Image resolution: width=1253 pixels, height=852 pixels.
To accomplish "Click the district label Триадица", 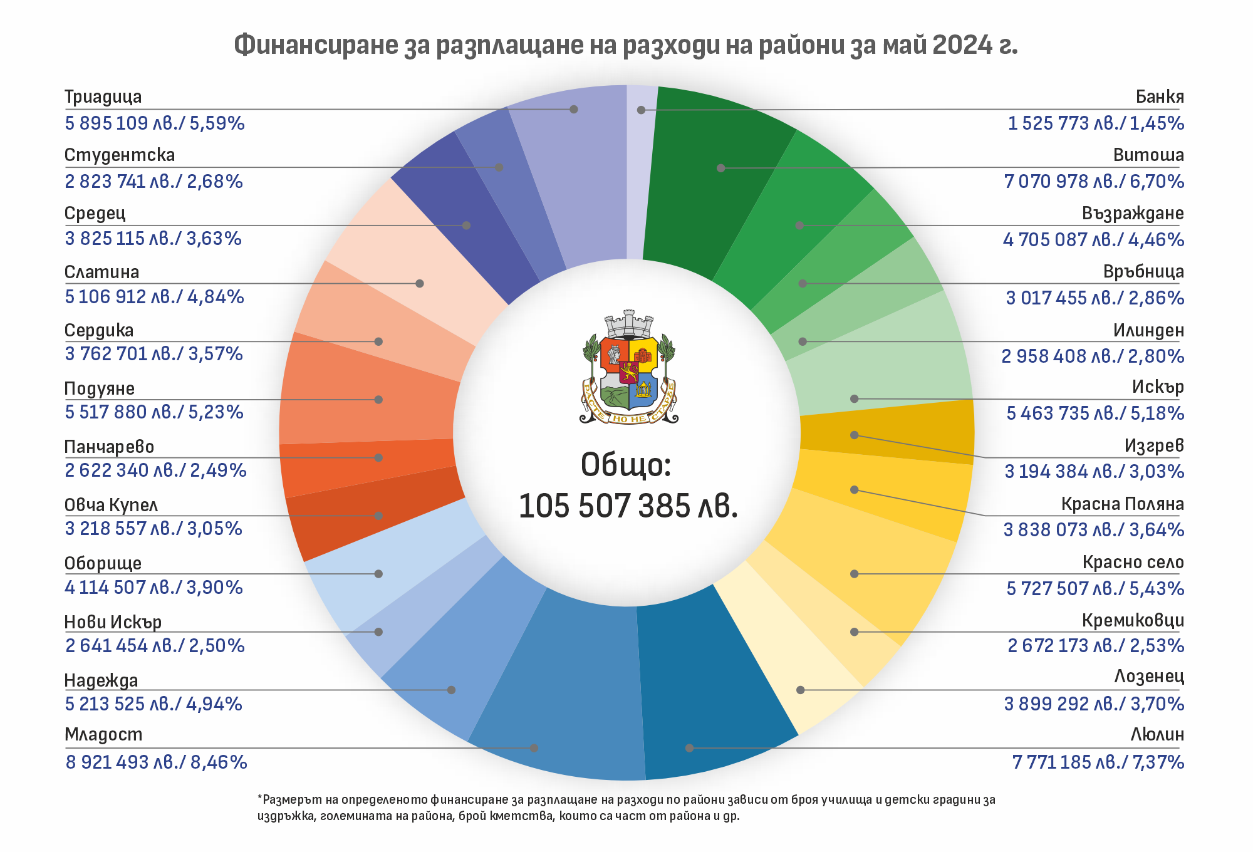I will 103,97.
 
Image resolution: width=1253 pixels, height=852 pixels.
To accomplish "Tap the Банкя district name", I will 1160,97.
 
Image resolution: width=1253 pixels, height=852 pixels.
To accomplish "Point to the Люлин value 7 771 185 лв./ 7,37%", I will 1098,762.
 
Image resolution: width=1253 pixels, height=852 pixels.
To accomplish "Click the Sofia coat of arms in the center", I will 628,368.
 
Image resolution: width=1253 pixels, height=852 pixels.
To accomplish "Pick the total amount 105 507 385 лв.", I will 628,506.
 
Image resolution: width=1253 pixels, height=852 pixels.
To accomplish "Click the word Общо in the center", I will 625,465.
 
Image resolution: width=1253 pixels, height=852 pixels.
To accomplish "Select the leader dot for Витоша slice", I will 721,168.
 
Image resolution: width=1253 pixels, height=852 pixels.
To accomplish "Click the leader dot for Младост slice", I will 534,748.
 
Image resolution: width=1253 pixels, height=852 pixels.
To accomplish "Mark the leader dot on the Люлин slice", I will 689,748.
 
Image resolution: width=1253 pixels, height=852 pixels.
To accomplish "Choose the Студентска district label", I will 120,155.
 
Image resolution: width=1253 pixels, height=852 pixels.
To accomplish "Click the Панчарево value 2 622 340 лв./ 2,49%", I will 155,470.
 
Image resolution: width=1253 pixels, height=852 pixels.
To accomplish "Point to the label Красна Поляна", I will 1122,504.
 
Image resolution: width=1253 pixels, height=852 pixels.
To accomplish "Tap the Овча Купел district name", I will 111,506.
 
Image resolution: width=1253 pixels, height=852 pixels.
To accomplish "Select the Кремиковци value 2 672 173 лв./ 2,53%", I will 1096,646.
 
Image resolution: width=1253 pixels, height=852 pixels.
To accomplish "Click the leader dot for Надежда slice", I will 451,690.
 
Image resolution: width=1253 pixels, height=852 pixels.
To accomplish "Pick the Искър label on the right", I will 1158,387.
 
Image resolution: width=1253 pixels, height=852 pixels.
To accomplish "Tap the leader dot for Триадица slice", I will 574,109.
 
